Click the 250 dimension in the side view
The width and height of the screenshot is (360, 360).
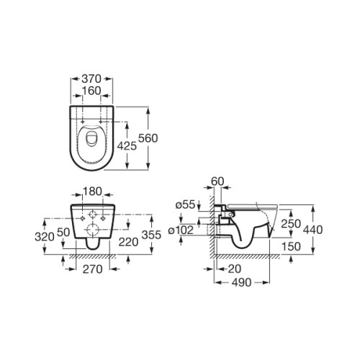pyautogui.click(x=291, y=225)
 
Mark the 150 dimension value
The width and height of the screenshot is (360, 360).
pyautogui.click(x=291, y=246)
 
